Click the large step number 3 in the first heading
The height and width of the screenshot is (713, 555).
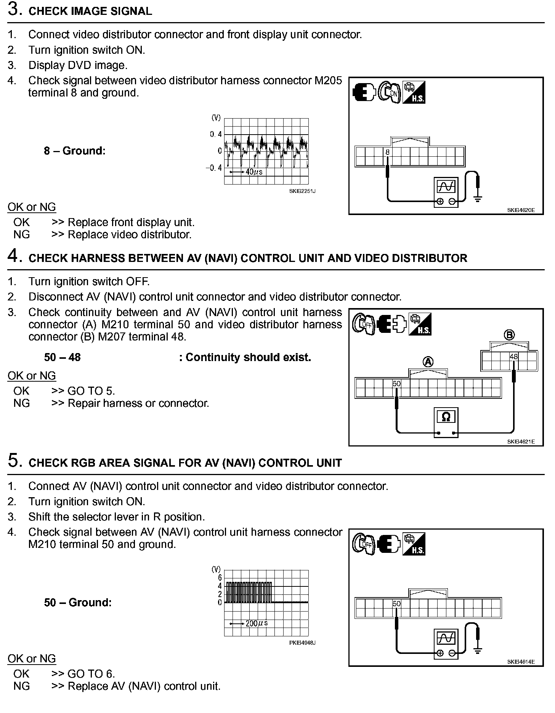[13, 10]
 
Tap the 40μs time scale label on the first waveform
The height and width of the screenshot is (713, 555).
[254, 172]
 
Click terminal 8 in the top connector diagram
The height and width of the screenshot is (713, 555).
[387, 152]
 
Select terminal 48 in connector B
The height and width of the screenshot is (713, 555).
[514, 357]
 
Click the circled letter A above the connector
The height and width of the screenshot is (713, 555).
[428, 361]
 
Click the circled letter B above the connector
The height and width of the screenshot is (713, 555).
[509, 335]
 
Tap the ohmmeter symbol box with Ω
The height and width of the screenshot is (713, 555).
[446, 417]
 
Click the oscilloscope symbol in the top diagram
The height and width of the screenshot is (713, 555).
[446, 186]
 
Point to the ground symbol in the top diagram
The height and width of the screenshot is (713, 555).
[477, 198]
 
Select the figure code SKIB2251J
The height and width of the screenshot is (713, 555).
[302, 191]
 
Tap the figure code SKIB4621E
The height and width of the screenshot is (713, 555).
[521, 442]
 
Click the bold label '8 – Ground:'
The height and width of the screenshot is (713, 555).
[74, 151]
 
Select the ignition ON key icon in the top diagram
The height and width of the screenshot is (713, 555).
[390, 92]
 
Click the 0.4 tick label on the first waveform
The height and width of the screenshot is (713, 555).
[215, 134]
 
